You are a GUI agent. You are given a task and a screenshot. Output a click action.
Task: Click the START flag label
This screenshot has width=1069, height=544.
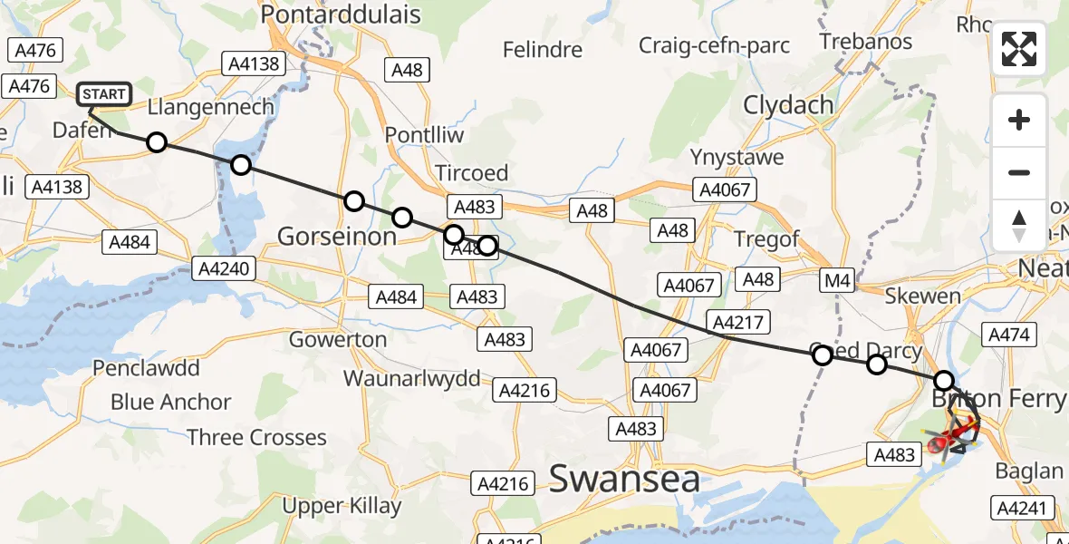tap(104, 94)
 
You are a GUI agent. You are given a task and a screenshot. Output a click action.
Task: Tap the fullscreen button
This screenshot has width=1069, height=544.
tap(1019, 49)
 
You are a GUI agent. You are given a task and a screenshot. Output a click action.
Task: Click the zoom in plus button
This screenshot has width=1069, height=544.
tap(1019, 120)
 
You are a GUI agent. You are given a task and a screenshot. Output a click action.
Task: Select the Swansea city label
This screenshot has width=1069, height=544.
tap(624, 479)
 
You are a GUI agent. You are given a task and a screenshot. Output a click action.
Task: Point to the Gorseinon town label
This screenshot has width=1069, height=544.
tap(336, 237)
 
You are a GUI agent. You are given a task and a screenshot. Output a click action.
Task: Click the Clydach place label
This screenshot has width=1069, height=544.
tap(788, 105)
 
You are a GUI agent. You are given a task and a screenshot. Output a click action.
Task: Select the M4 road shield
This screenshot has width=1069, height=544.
tap(837, 281)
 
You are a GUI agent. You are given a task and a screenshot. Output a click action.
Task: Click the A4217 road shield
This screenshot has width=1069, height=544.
tap(740, 322)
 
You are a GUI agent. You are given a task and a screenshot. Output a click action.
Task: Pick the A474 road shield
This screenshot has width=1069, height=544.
tap(1008, 335)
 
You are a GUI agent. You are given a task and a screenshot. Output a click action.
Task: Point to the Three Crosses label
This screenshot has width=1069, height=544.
tap(256, 438)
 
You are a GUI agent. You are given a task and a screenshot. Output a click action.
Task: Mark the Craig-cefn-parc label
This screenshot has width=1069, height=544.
tap(714, 45)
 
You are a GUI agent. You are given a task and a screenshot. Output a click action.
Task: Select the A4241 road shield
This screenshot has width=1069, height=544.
tap(1025, 508)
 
